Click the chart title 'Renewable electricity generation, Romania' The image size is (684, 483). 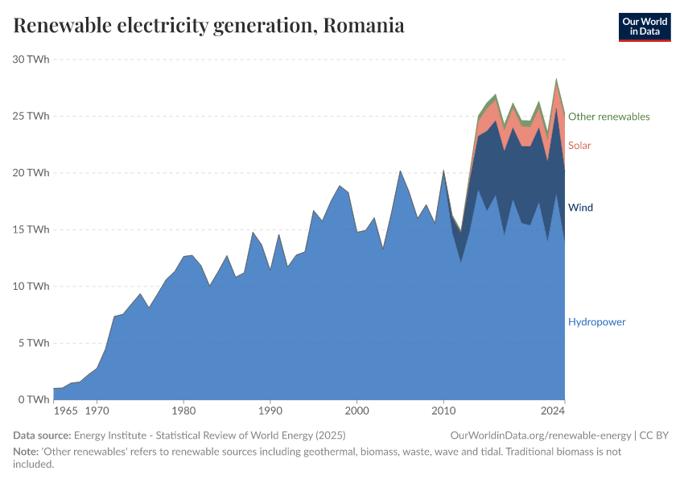point(208,26)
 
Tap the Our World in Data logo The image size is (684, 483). point(644,27)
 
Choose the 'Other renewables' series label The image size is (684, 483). point(608,117)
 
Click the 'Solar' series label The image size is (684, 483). point(579,146)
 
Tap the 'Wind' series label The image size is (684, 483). point(580,208)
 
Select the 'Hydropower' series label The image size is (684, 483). point(596,322)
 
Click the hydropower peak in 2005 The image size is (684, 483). point(400,171)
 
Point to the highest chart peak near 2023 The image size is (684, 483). point(555,80)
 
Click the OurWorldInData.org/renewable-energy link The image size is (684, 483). point(541,436)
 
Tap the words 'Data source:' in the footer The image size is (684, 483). point(42,436)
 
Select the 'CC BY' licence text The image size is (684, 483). point(656,436)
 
